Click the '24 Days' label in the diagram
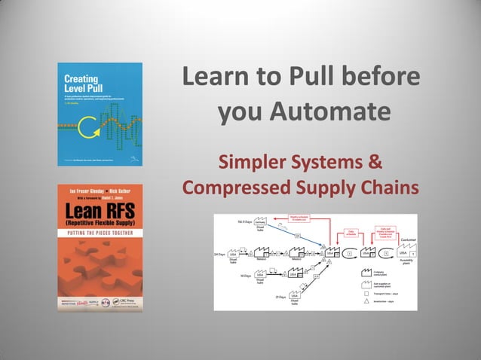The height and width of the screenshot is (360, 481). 220,255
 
